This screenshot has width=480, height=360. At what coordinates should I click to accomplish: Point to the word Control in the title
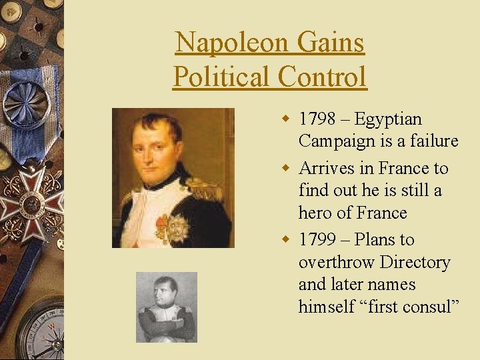[323, 77]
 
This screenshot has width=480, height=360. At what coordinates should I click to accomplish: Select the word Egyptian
[388, 119]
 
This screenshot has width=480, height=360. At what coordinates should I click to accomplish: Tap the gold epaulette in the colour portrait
[212, 190]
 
